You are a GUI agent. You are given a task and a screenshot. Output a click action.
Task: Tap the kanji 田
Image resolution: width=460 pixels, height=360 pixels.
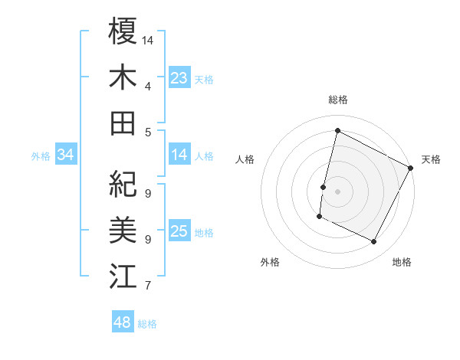point(123,123)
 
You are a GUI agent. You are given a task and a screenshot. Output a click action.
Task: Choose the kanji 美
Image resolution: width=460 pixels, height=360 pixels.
point(123,229)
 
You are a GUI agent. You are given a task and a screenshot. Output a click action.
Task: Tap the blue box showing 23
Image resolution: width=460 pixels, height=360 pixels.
point(179,77)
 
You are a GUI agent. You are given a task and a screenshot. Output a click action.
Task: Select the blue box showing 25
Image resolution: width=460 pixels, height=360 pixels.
point(179,231)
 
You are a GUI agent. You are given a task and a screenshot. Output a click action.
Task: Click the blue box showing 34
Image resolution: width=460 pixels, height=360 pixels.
point(66,155)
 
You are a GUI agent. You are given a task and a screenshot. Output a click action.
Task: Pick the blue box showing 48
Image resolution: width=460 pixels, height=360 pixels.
point(123,322)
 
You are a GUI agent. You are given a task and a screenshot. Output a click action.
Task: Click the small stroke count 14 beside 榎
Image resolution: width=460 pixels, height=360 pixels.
point(148,39)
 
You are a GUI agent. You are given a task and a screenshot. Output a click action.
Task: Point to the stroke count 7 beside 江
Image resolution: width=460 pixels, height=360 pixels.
point(147,286)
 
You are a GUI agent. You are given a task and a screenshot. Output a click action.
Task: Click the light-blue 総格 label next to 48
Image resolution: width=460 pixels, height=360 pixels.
point(147,324)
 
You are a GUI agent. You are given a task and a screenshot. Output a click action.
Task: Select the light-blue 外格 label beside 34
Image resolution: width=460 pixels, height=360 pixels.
point(41,156)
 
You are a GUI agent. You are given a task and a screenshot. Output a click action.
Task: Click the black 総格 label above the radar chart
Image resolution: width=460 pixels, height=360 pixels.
point(337,100)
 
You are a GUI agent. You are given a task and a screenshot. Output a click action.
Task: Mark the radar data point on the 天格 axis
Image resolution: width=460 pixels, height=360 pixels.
point(411,168)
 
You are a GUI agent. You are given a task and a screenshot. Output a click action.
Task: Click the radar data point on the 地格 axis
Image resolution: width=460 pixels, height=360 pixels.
point(374,242)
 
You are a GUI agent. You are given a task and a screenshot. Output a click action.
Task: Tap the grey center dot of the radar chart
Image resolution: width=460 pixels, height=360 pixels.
point(337,191)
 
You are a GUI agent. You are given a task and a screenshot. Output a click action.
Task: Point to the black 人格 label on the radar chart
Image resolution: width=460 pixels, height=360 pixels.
point(245,159)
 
